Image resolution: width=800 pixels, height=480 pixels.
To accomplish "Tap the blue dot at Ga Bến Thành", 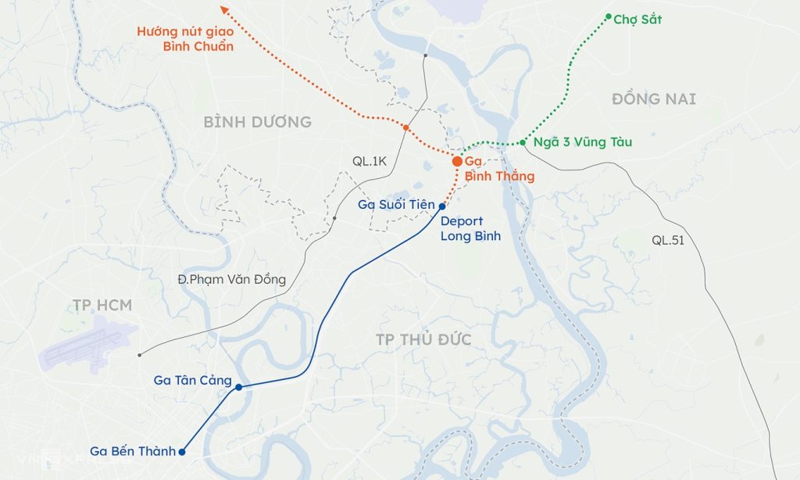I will pyautogui.click(x=182, y=451).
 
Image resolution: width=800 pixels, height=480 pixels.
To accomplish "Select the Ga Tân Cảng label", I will pyautogui.click(x=193, y=381).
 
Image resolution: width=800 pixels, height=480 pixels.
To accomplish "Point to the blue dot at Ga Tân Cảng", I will pyautogui.click(x=238, y=387).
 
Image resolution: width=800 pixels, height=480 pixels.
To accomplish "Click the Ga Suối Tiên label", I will pyautogui.click(x=395, y=205).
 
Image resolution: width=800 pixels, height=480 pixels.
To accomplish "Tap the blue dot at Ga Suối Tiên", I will pyautogui.click(x=442, y=206).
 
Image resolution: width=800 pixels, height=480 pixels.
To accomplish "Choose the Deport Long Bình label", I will pyautogui.click(x=470, y=228).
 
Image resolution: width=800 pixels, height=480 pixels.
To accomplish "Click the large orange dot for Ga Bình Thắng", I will pyautogui.click(x=457, y=161).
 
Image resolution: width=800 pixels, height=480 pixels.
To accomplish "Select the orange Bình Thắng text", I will pyautogui.click(x=499, y=177).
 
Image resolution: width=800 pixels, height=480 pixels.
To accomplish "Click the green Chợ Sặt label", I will pyautogui.click(x=637, y=20).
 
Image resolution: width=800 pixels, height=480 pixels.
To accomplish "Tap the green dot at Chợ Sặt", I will pyautogui.click(x=609, y=16).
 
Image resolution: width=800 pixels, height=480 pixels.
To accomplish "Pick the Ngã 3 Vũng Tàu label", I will pyautogui.click(x=583, y=142).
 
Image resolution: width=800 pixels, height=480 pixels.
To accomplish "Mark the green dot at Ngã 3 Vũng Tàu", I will pyautogui.click(x=522, y=143).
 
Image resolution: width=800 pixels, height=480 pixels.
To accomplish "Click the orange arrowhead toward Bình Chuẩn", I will pyautogui.click(x=223, y=10).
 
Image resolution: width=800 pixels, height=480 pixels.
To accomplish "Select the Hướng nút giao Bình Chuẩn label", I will pyautogui.click(x=185, y=39).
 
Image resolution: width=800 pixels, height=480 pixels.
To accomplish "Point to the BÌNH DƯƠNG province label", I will pyautogui.click(x=257, y=122).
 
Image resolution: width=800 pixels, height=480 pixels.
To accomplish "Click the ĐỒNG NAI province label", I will pyautogui.click(x=653, y=99).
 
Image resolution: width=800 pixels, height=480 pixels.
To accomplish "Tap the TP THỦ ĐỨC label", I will pyautogui.click(x=423, y=339).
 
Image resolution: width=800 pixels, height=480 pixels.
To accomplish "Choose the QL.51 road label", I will pyautogui.click(x=668, y=241).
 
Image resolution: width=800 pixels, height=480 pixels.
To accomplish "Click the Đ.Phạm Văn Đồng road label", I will pyautogui.click(x=231, y=279).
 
